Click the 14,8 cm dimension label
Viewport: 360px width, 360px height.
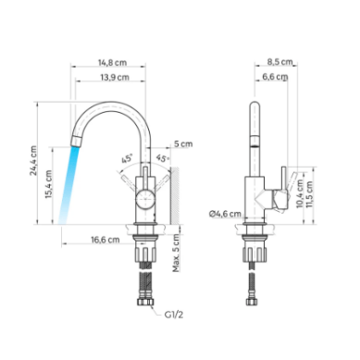[112, 63]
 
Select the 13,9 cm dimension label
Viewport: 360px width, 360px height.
[115, 77]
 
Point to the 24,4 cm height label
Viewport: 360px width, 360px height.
[33, 161]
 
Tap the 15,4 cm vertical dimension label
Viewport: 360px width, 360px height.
[49, 184]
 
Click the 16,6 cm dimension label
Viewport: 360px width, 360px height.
[106, 240]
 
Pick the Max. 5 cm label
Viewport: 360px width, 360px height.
[176, 253]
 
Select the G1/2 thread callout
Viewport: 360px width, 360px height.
[174, 315]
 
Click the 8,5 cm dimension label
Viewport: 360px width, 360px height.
[279, 62]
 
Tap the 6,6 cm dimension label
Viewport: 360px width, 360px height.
[275, 77]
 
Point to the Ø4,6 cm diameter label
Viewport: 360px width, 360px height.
[225, 214]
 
